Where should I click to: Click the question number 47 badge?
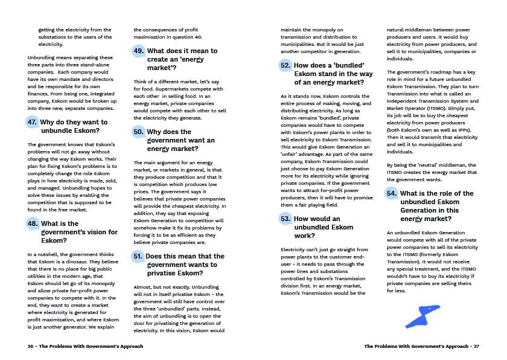click(33, 123)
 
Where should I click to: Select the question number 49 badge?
click(139, 51)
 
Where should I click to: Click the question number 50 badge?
click(139, 132)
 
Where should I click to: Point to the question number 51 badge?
click(138, 257)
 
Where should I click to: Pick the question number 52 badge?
click(285, 65)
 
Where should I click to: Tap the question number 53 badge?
click(285, 219)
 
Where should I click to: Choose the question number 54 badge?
click(392, 193)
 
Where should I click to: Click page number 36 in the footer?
click(31, 346)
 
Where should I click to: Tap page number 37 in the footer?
click(476, 346)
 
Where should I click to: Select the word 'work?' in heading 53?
click(305, 236)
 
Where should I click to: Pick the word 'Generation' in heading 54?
click(422, 210)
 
